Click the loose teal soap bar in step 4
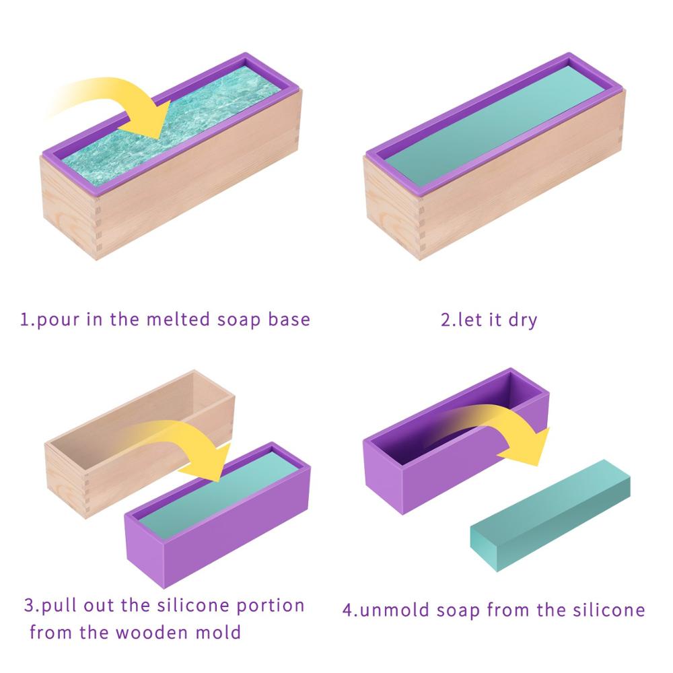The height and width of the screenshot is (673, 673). point(548,515)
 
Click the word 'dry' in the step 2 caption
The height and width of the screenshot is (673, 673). point(522,319)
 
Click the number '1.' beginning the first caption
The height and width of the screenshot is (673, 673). point(27,318)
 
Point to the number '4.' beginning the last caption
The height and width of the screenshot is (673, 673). point(350,610)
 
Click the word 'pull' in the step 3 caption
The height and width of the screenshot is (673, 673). point(58,606)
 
